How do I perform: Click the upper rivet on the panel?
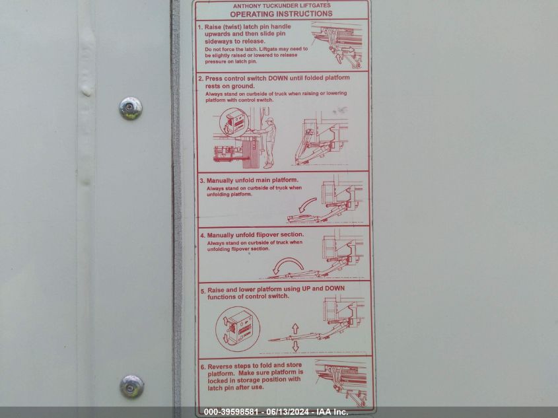130,108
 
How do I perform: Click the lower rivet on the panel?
131,387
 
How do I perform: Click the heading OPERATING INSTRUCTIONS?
281,14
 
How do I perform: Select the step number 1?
200,27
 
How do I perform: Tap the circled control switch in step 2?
232,123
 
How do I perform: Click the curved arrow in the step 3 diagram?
307,205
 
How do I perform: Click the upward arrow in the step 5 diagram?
295,328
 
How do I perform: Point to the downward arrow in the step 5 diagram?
295,347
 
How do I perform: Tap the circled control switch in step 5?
237,330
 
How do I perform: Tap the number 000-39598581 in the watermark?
231,412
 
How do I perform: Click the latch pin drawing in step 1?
337,45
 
